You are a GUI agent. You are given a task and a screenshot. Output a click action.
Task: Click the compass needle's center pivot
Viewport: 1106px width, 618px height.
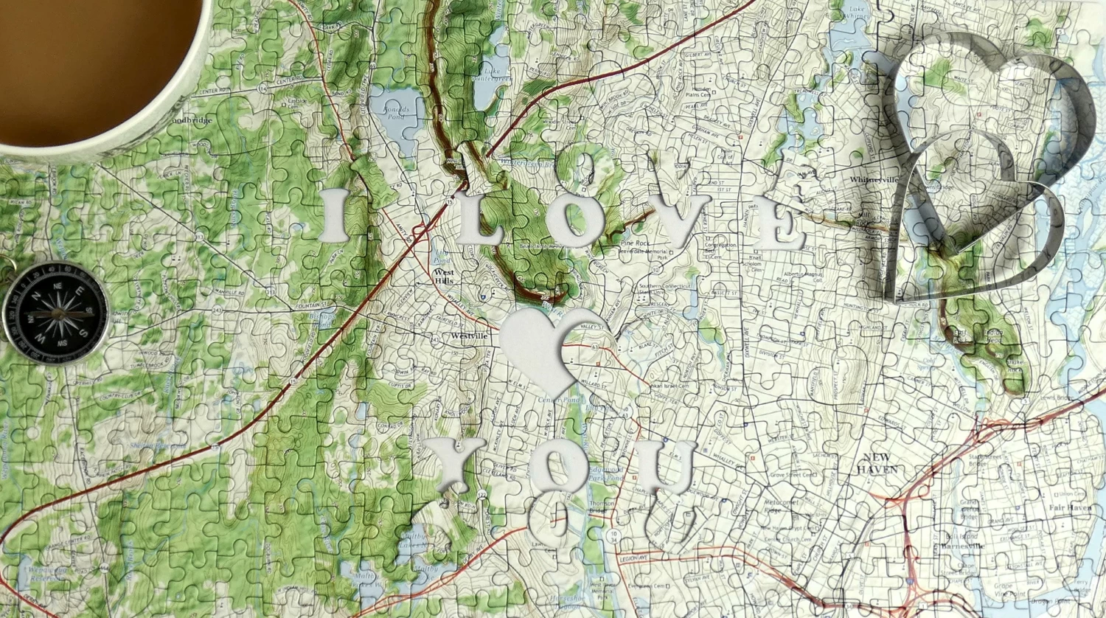point(56,313)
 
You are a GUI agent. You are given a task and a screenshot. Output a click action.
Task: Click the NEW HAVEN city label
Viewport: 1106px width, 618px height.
point(877,462)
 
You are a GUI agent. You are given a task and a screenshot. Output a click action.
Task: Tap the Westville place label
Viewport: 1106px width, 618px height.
point(469,336)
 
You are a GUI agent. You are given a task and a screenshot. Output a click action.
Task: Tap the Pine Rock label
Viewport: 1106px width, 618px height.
point(633,243)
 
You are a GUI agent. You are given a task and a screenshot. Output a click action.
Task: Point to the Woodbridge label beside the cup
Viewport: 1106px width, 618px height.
point(191,120)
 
